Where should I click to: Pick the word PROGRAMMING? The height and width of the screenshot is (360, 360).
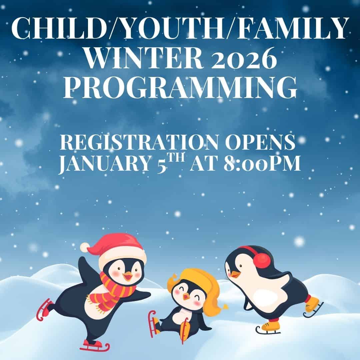180,87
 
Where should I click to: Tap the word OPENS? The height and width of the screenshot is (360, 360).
260,142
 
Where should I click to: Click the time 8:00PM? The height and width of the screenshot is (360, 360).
262,163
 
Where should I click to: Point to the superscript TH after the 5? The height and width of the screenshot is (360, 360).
176,158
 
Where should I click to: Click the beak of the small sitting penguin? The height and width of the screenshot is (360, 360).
186,297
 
